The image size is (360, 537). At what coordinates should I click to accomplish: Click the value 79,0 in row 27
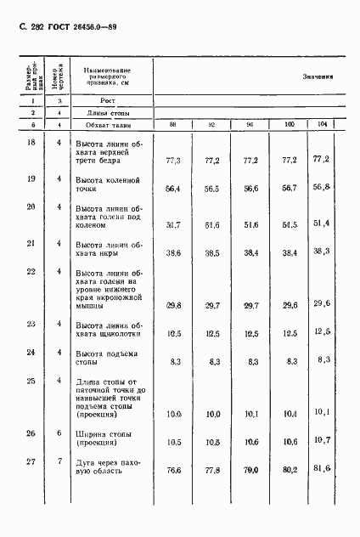tap(250, 470)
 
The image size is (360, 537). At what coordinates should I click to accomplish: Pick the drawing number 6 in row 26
tap(59, 432)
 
